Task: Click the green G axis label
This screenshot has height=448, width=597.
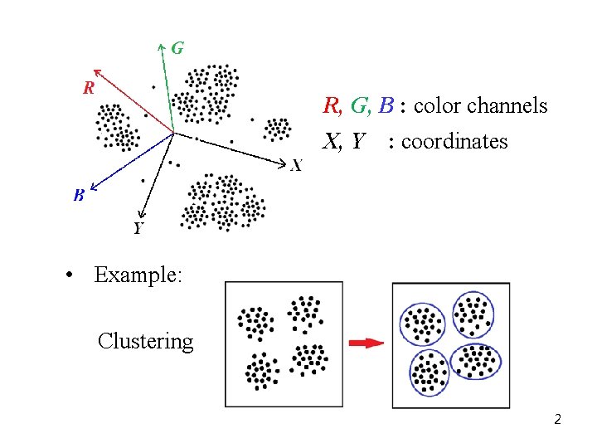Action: point(177,48)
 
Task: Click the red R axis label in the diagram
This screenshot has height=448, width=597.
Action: point(88,86)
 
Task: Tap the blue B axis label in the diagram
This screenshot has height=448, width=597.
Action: point(79,196)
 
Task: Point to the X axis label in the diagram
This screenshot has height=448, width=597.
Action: point(296,166)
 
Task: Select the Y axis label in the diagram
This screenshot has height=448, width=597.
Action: point(138,228)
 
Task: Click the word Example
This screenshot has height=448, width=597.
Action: point(138,275)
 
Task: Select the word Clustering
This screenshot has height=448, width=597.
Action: point(145,341)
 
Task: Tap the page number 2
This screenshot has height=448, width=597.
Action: point(558,419)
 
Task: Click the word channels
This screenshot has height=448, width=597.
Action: point(507,106)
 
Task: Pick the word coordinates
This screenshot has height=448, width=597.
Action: point(454,142)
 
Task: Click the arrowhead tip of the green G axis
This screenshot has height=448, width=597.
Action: point(161,46)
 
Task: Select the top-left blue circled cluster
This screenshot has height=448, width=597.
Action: point(423,323)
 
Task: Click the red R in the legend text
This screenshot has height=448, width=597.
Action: point(331,106)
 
